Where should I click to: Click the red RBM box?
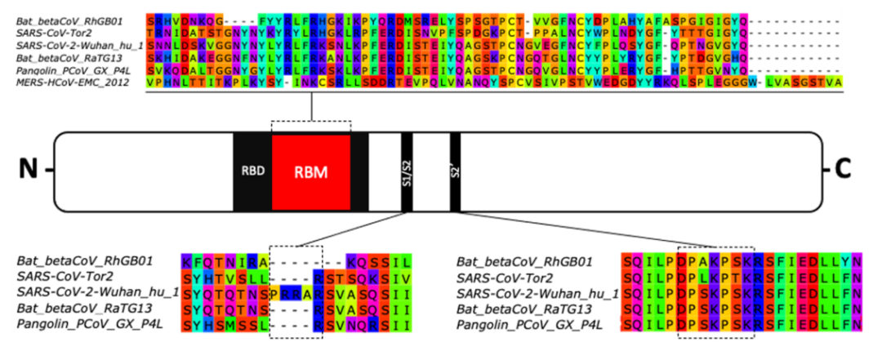(x=311, y=172)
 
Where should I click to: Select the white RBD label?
(x=251, y=172)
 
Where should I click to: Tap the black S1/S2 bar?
(x=406, y=171)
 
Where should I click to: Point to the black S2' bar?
(x=455, y=171)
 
